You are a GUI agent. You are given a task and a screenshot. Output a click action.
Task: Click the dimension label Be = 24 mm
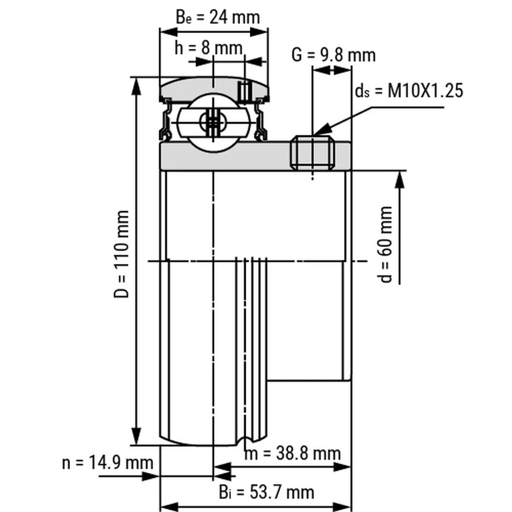[x=218, y=17]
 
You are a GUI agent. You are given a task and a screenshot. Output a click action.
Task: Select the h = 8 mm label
[x=209, y=48]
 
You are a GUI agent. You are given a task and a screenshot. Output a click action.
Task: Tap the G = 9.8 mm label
[x=333, y=55]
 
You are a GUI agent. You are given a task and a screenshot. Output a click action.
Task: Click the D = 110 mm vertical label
[x=122, y=254]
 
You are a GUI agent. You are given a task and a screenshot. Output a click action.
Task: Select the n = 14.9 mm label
[x=108, y=463]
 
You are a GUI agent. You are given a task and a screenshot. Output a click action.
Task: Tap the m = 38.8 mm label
[x=293, y=453]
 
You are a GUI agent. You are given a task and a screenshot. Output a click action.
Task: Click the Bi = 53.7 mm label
[x=267, y=492]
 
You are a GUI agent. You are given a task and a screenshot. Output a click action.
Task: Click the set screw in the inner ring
[x=313, y=153]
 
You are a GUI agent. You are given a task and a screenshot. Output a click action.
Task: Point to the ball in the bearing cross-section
[x=213, y=123]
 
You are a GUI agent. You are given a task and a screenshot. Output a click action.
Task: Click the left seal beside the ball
[x=166, y=119]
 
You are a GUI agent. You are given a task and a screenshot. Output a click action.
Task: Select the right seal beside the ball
[x=261, y=119]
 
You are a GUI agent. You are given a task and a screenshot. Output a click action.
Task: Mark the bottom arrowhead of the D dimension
[x=136, y=436]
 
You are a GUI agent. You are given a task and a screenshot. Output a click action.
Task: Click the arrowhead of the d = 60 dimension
[x=400, y=180]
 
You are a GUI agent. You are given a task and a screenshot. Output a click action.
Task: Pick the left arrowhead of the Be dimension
[x=168, y=32]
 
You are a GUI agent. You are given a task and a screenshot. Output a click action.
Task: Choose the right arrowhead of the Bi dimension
[x=342, y=507]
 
